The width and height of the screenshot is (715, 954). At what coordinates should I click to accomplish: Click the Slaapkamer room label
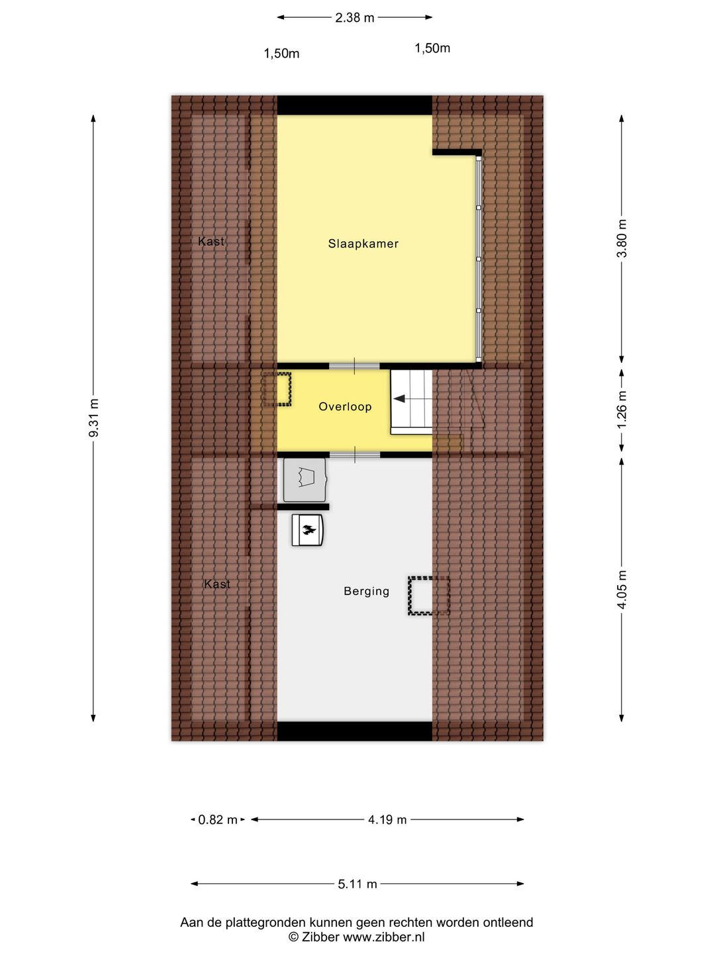pyautogui.click(x=363, y=244)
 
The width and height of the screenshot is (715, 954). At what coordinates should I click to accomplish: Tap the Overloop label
pyautogui.click(x=345, y=407)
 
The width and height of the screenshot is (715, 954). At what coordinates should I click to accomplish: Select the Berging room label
pyautogui.click(x=366, y=591)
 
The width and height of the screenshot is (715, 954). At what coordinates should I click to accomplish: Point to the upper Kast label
pyautogui.click(x=211, y=242)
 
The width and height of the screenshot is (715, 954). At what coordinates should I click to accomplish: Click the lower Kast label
pyautogui.click(x=217, y=584)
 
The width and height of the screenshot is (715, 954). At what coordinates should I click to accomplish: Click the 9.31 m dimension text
pyautogui.click(x=94, y=417)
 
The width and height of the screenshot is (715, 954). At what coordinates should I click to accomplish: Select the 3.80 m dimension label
pyautogui.click(x=622, y=238)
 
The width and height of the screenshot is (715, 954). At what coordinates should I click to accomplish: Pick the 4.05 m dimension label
pyautogui.click(x=622, y=589)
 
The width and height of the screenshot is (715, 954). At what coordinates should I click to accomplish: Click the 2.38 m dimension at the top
pyautogui.click(x=354, y=18)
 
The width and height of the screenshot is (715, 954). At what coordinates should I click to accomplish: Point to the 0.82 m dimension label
pyautogui.click(x=218, y=820)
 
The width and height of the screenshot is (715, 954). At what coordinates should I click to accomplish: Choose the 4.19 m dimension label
pyautogui.click(x=387, y=820)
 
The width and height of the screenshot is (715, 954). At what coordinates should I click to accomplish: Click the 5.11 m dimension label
pyautogui.click(x=358, y=884)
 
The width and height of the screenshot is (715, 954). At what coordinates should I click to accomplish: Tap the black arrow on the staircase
pyautogui.click(x=399, y=399)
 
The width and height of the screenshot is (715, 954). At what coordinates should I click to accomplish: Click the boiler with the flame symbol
pyautogui.click(x=308, y=530)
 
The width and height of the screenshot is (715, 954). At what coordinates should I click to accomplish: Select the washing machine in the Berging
pyautogui.click(x=305, y=480)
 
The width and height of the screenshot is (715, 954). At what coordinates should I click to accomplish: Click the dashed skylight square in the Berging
pyautogui.click(x=428, y=596)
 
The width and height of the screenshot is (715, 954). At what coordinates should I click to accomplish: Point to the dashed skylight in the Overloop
pyautogui.click(x=277, y=390)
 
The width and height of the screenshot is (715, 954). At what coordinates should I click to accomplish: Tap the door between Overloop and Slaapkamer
pyautogui.click(x=354, y=366)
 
